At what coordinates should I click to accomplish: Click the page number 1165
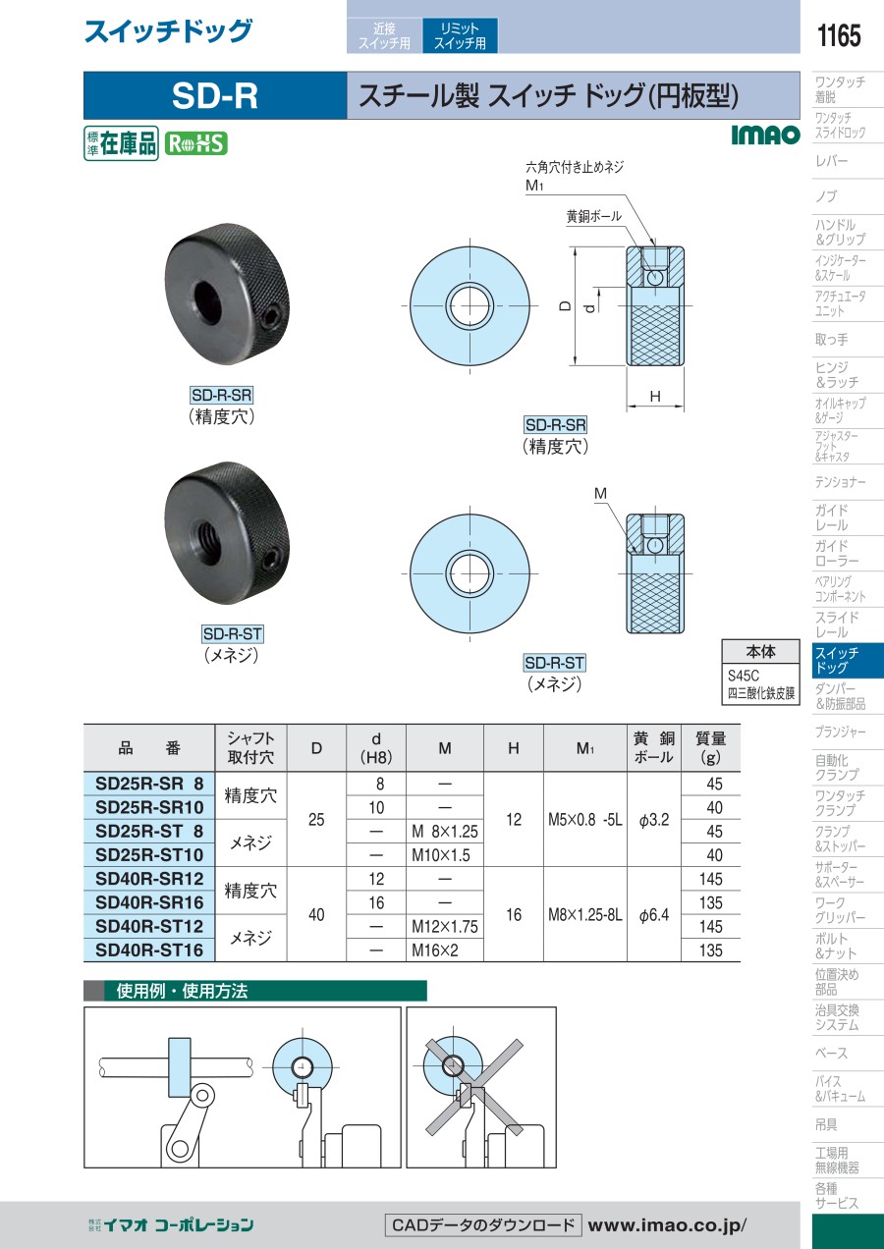point(838,36)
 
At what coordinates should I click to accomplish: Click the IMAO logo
point(765,135)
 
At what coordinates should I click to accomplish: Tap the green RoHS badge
point(195,143)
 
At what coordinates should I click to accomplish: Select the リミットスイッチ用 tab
point(460,35)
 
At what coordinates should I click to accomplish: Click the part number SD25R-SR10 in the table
point(149,807)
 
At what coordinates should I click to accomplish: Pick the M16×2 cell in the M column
point(435,950)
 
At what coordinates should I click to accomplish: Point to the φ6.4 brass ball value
point(653,915)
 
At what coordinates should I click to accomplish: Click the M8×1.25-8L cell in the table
point(585,915)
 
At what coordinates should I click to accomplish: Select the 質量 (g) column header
point(710,747)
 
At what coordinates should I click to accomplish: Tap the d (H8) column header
point(376,747)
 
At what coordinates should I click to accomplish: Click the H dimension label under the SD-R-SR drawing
point(655,397)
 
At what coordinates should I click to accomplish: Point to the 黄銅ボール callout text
point(593,216)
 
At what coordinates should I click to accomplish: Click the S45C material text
point(744,676)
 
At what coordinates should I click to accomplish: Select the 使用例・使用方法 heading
point(182,991)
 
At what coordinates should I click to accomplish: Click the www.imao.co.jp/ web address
point(667,1225)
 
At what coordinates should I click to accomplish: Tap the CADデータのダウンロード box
point(483,1225)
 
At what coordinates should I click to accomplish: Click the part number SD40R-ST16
point(149,950)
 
